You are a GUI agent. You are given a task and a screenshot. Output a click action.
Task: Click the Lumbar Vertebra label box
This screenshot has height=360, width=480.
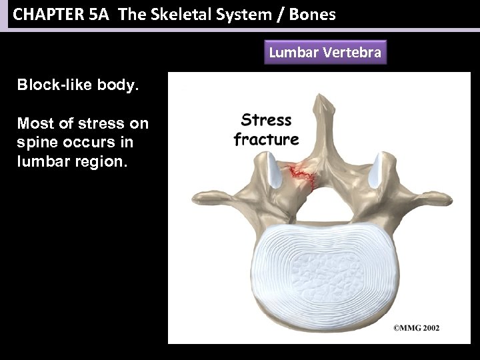pyautogui.click(x=325, y=53)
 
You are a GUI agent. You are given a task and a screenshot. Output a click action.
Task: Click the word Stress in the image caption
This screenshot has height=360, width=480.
pyautogui.click(x=266, y=121)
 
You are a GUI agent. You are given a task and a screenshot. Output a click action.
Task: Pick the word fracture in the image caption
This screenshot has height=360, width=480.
pyautogui.click(x=266, y=139)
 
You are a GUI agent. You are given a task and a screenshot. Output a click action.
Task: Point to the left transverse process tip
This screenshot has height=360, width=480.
pyautogui.click(x=196, y=200)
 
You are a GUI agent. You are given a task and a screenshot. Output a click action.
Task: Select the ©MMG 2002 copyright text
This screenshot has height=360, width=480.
pyautogui.click(x=415, y=328)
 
